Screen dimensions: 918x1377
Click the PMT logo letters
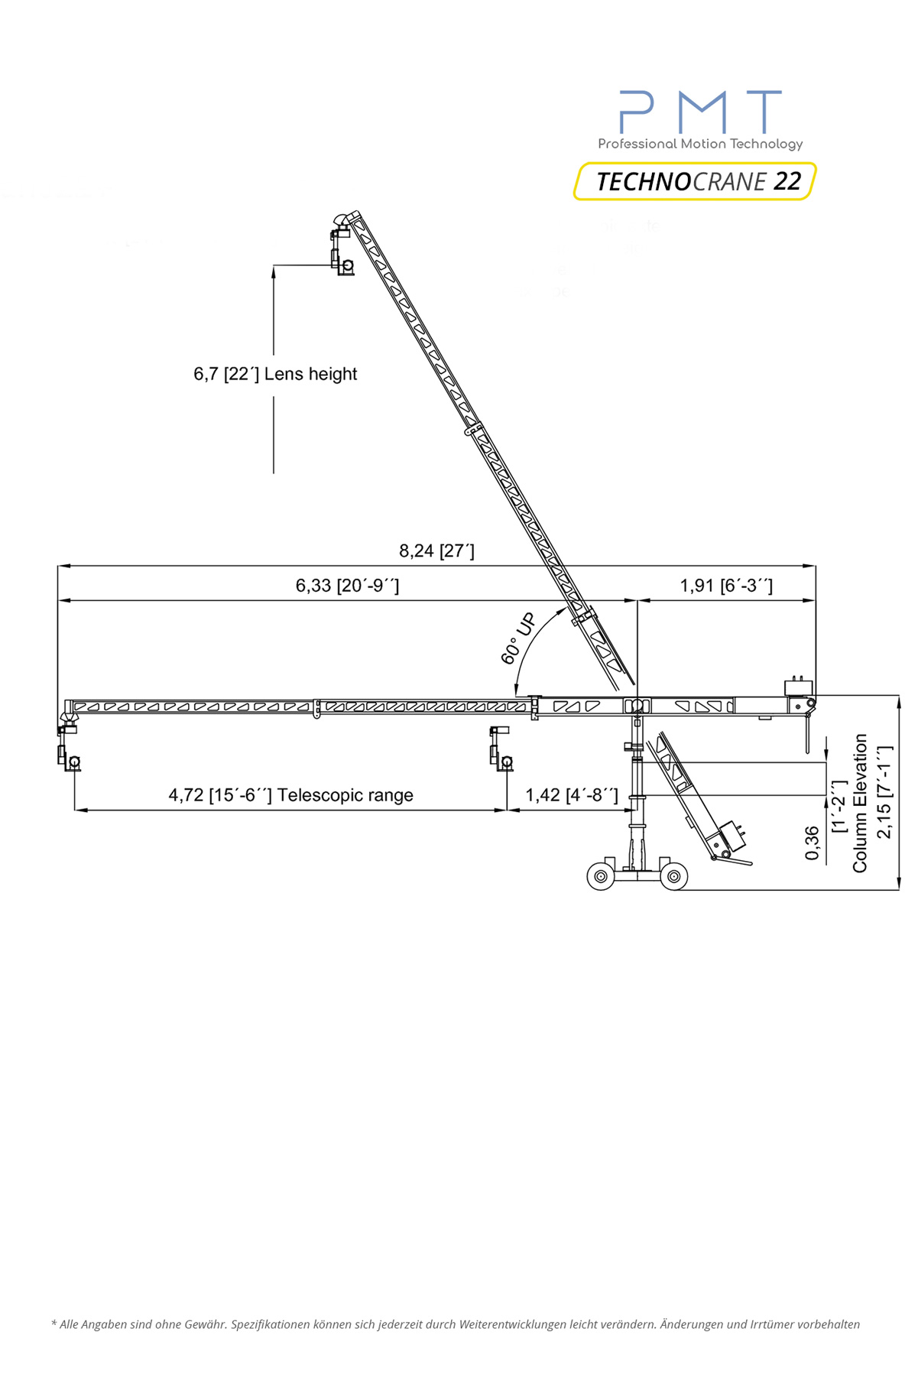click(700, 112)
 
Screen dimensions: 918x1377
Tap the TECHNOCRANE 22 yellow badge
click(695, 181)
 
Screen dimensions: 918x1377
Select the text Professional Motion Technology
click(700, 144)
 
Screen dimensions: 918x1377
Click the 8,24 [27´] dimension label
click(436, 550)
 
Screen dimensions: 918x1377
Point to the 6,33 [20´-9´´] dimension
click(347, 586)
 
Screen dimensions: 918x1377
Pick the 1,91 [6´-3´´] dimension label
click(726, 586)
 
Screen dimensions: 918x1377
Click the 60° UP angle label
click(518, 639)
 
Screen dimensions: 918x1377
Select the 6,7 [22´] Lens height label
click(275, 374)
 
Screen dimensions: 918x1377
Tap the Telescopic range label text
click(345, 795)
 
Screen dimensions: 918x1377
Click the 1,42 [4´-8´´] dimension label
click(572, 795)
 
